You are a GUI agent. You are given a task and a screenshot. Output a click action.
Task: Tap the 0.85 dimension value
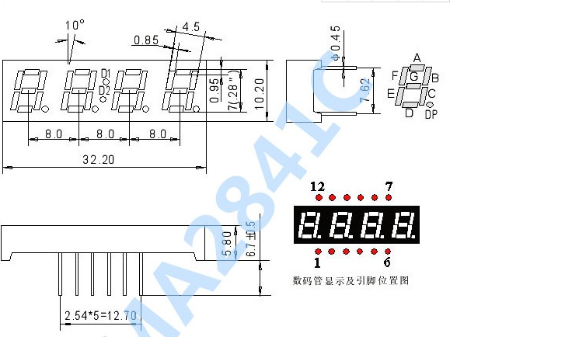146,40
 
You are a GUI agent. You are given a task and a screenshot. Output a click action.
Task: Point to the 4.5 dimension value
191,26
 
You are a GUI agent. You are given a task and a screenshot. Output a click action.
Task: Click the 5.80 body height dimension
226,242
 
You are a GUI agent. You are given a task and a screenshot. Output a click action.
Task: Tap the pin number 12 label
316,186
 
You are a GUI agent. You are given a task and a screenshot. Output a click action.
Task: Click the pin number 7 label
389,186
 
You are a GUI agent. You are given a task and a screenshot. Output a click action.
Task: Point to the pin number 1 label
317,262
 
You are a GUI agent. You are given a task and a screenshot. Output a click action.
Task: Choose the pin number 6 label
387,262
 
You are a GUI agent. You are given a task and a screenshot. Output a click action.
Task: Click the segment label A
417,58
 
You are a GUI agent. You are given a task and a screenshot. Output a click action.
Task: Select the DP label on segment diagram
431,115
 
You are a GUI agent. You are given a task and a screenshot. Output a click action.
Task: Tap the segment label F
395,76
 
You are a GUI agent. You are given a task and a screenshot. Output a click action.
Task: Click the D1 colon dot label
105,73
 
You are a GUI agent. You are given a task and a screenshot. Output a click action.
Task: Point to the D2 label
105,91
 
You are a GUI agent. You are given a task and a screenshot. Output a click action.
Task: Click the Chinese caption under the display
351,280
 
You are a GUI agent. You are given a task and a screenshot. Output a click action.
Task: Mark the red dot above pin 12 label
317,197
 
